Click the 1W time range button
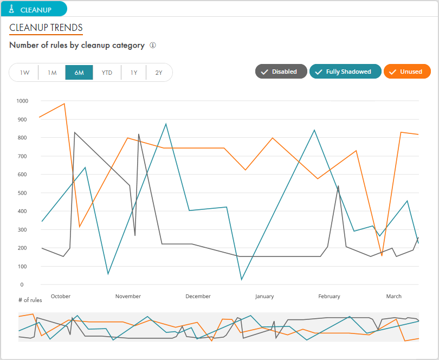24,73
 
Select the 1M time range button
52,73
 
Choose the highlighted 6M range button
79,73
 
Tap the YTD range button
107,73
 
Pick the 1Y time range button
134,73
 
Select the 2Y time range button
159,73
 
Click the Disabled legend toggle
281,72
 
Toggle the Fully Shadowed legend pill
345,72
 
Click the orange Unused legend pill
407,72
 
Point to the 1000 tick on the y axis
22,101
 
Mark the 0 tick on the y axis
22,285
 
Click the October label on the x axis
60,297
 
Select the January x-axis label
264,297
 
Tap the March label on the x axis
393,297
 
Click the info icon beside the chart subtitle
153,46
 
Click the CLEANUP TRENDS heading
46,28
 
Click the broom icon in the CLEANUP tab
11,9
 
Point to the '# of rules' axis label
30,300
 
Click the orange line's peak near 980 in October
64,104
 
